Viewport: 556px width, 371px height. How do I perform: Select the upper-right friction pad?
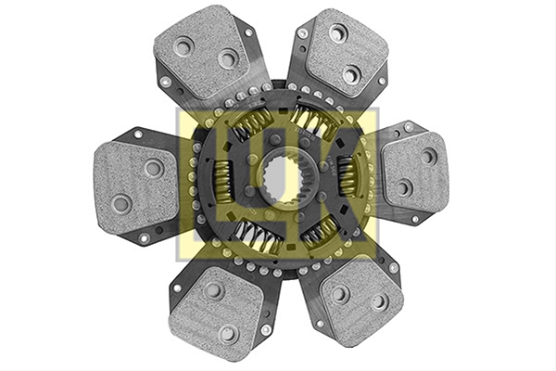pyautogui.click(x=346, y=53)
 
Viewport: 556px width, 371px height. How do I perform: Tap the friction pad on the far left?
pyautogui.click(x=136, y=187)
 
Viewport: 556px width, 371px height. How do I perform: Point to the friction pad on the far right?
pyautogui.click(x=415, y=170)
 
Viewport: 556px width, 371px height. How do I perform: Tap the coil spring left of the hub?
pyautogui.click(x=222, y=179)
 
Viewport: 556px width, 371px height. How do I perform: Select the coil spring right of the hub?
pyautogui.click(x=347, y=175)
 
